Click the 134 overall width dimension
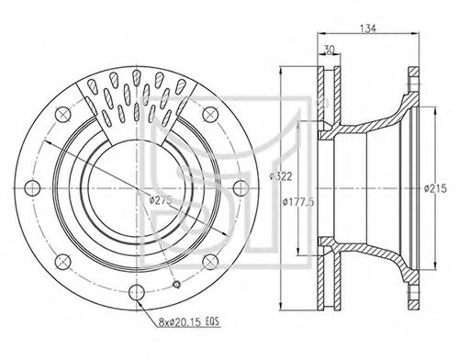pyautogui.click(x=368, y=28)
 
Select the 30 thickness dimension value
pyautogui.click(x=329, y=50)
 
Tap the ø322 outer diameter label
pyautogui.click(x=281, y=176)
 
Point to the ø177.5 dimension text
pyautogui.click(x=297, y=202)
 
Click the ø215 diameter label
pyautogui.click(x=435, y=188)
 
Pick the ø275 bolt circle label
pyautogui.click(x=161, y=200)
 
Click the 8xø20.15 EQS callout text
pyautogui.click(x=189, y=321)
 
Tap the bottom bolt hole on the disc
pyautogui.click(x=137, y=292)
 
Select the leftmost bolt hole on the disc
pyautogui.click(x=32, y=188)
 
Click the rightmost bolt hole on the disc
pyautogui.click(x=241, y=188)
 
